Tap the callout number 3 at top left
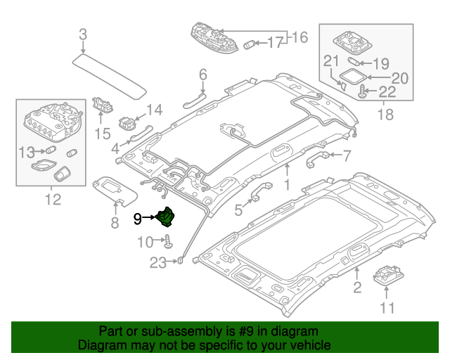coord(83,34)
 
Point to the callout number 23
coord(158,264)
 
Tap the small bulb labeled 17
coord(250,44)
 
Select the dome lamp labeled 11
coord(387,276)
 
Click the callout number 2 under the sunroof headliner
coord(356,286)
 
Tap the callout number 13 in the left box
coord(26,151)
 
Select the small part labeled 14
coord(127,122)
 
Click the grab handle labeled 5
coord(257,191)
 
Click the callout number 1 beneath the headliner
coord(287,184)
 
